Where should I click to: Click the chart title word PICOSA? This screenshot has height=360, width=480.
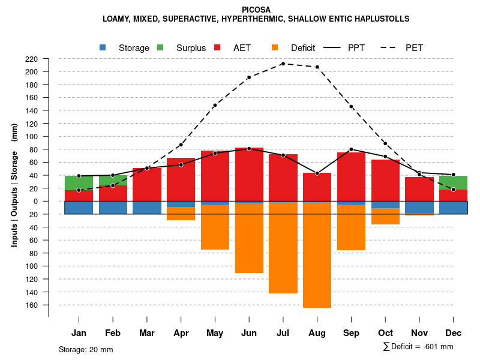point(256,10)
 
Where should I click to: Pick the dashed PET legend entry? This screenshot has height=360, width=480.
point(414,48)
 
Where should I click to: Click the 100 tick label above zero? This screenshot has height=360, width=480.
point(32,137)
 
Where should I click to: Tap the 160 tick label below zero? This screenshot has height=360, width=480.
point(32,305)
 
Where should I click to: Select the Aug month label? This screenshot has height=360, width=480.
point(317,333)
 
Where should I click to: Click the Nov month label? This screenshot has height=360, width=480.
point(419,333)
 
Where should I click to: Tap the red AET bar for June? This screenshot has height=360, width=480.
point(248,174)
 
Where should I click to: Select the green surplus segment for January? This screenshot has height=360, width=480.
point(79,183)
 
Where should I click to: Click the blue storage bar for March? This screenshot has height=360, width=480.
point(147,208)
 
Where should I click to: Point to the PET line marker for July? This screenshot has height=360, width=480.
point(283,64)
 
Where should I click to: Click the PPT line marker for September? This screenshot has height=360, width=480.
point(351,149)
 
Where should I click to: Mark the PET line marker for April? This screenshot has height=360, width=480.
point(181,145)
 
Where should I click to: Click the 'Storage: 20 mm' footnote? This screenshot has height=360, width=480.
point(86,349)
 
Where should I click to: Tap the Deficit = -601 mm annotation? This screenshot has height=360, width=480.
point(418,347)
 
